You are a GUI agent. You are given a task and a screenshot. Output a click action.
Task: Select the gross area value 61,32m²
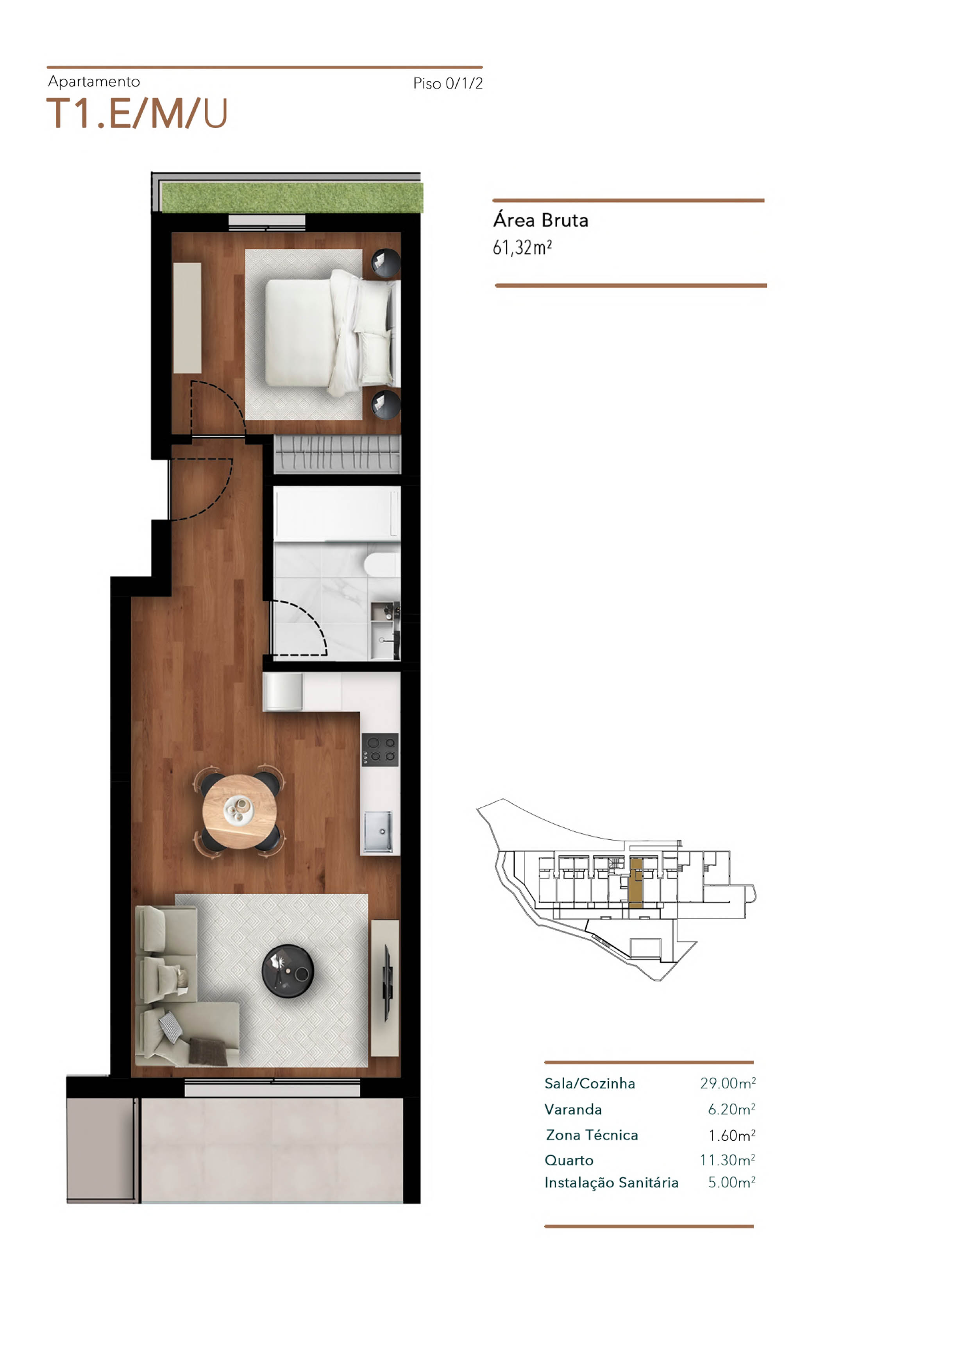pyautogui.click(x=522, y=247)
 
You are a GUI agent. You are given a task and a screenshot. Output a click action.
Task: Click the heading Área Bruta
pyautogui.click(x=540, y=220)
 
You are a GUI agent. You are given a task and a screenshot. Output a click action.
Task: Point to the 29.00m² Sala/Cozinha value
pyautogui.click(x=728, y=1083)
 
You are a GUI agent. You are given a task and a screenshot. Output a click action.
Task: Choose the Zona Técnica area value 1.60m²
pyautogui.click(x=732, y=1135)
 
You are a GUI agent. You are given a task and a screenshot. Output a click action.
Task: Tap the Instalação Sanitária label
pyautogui.click(x=611, y=1183)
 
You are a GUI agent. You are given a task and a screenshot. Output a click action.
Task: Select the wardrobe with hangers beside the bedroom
pyautogui.click(x=337, y=455)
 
